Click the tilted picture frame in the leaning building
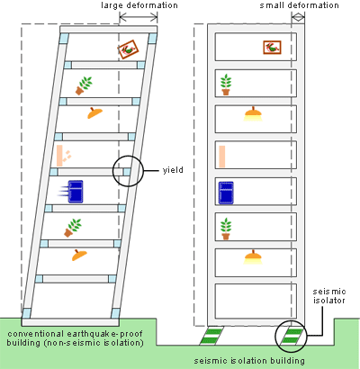pos(128,49)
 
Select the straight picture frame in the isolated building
pos(272,48)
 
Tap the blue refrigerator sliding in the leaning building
pos(76,192)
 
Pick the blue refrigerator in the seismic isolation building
pos(226,193)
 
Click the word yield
pos(173,170)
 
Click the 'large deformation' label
pos(139,5)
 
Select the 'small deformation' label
pos(299,5)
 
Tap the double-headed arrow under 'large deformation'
pos(139,17)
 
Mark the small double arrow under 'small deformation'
pos(298,17)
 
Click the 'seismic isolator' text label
pos(329,296)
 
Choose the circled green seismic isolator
pos(291,336)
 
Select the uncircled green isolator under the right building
pos(211,336)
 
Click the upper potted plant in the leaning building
pos(84,85)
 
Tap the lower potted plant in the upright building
pos(226,229)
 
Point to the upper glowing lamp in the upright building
pos(253,114)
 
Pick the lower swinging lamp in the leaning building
pos(79,256)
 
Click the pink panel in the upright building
pos(222,157)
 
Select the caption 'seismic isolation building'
pos(249,360)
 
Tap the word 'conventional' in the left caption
pos(36,334)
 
